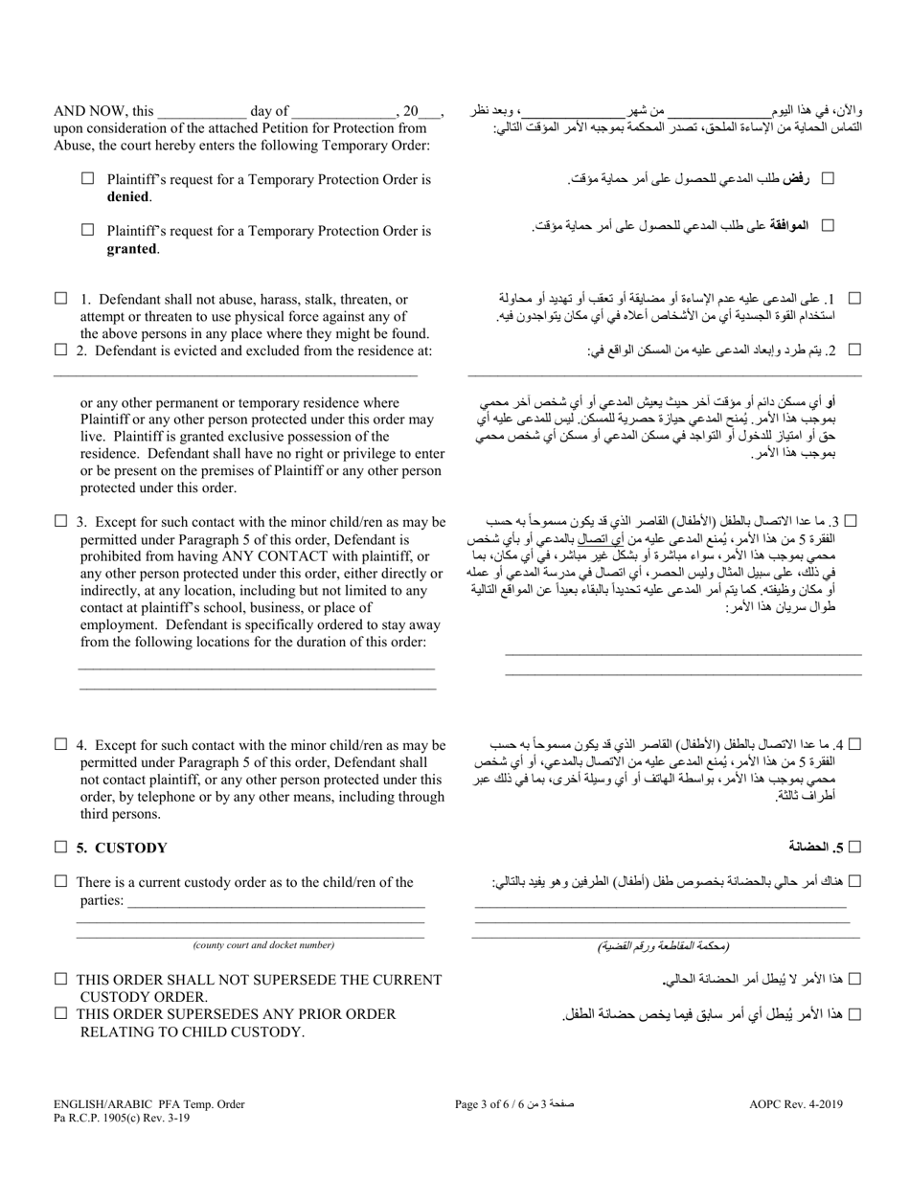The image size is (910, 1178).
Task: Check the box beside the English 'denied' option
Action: tap(88, 178)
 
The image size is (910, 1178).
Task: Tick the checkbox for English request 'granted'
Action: tap(88, 230)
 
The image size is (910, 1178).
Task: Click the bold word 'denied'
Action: tap(128, 196)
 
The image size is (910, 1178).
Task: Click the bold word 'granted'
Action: tap(131, 248)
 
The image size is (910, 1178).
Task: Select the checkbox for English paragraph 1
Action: tap(61, 299)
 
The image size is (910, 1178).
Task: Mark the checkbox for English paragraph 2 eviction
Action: tap(61, 351)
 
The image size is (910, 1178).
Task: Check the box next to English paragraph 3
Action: tap(61, 521)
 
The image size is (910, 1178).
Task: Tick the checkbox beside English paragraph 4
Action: tap(61, 744)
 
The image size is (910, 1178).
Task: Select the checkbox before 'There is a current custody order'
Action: tap(61, 881)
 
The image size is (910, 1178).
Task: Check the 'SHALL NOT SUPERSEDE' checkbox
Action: tap(61, 979)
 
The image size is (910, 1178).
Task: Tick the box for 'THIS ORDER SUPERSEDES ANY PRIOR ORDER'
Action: tap(61, 1013)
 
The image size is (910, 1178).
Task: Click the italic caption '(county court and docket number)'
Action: tap(263, 945)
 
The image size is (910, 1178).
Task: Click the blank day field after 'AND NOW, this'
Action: tap(201, 112)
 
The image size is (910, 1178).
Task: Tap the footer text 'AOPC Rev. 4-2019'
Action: tap(796, 1104)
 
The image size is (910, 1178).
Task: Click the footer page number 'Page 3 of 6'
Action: tap(488, 1104)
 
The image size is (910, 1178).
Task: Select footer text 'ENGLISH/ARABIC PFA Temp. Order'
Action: tap(149, 1104)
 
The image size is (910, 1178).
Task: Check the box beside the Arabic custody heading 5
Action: tap(855, 847)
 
